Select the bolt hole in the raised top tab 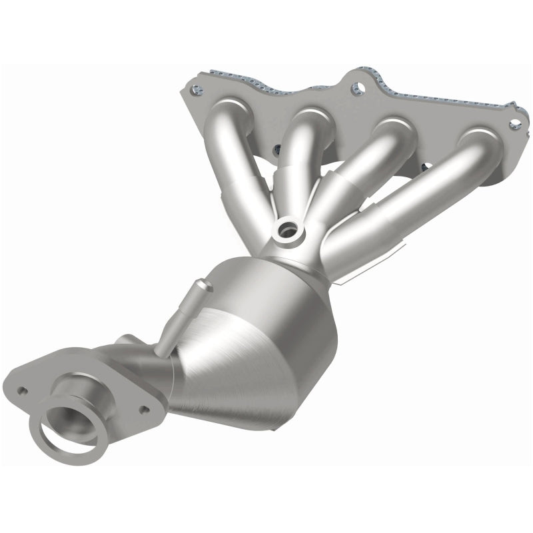tap(359, 87)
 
